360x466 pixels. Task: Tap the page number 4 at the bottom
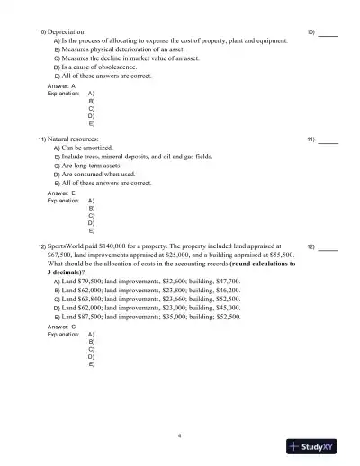coord(180,435)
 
